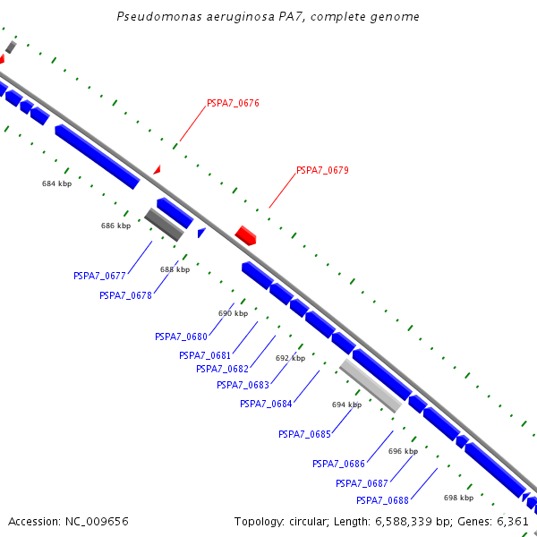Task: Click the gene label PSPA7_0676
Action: pyautogui.click(x=233, y=104)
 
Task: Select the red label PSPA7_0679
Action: pyautogui.click(x=322, y=170)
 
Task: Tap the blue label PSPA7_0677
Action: pyautogui.click(x=99, y=276)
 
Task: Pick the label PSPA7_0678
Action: pyautogui.click(x=125, y=295)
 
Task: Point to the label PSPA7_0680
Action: pyautogui.click(x=181, y=337)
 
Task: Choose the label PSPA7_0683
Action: pyautogui.click(x=243, y=386)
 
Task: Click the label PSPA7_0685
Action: pyautogui.click(x=304, y=434)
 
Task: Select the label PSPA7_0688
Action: pyautogui.click(x=382, y=500)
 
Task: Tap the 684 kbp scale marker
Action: pyautogui.click(x=56, y=183)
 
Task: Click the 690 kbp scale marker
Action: pyautogui.click(x=233, y=313)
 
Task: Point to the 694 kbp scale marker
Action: pyautogui.click(x=346, y=405)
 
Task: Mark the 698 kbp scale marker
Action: pyautogui.click(x=458, y=498)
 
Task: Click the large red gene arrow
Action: pyautogui.click(x=246, y=235)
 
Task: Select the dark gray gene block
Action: pyautogui.click(x=164, y=225)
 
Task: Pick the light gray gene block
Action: pyautogui.click(x=370, y=386)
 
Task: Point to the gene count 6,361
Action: pyautogui.click(x=511, y=521)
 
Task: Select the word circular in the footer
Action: pyautogui.click(x=319, y=521)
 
